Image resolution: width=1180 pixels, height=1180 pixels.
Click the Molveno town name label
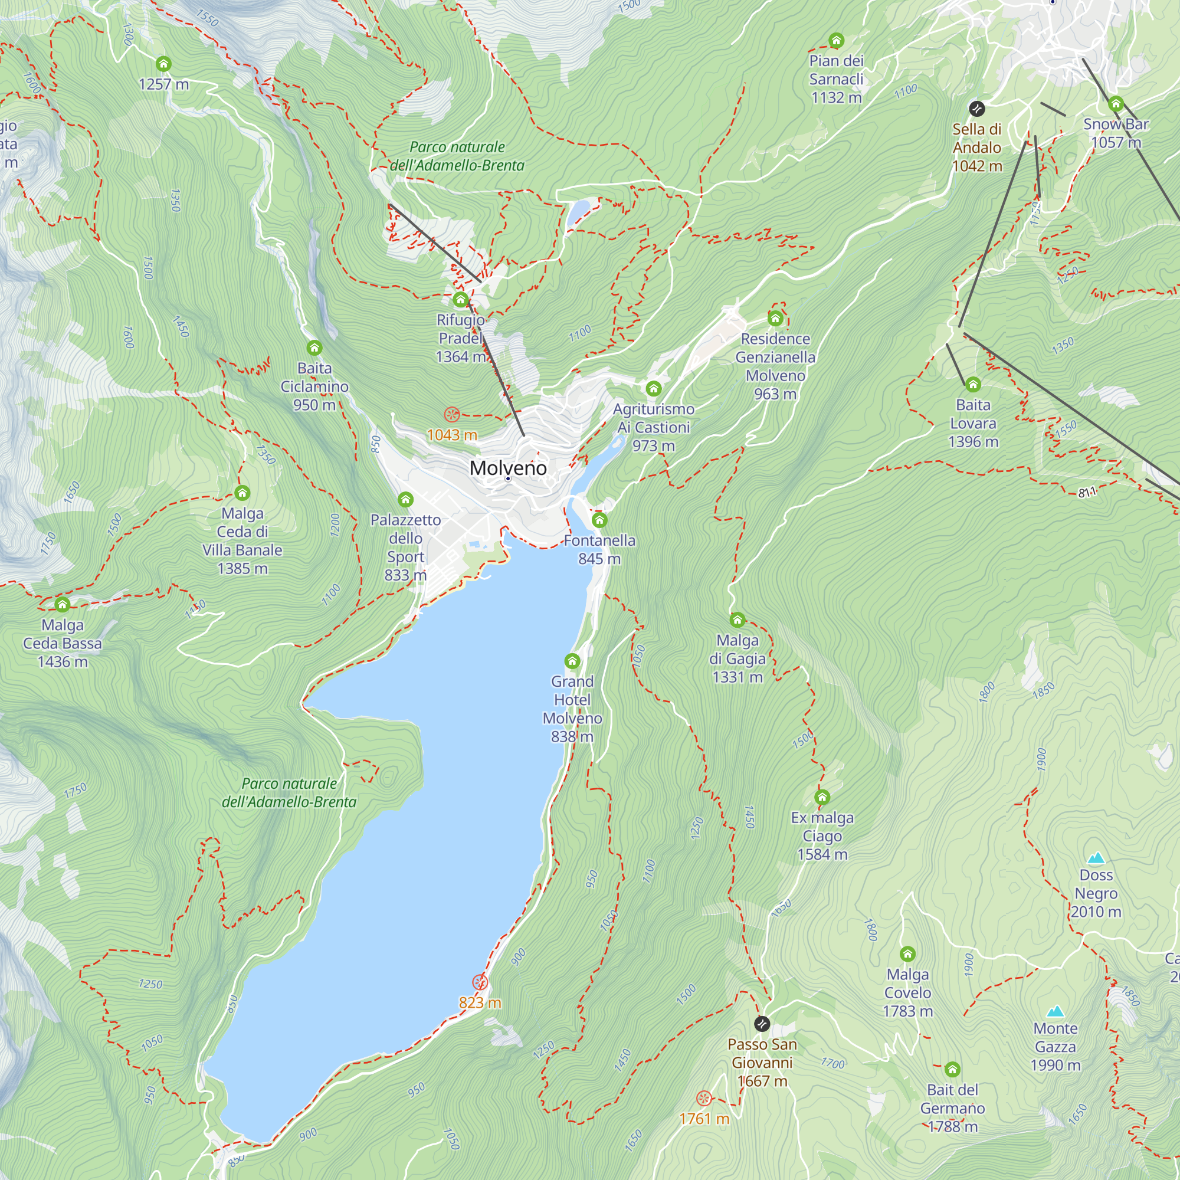(508, 468)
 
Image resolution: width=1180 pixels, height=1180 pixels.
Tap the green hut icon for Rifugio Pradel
(461, 300)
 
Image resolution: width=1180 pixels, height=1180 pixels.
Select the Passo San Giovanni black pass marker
(762, 1024)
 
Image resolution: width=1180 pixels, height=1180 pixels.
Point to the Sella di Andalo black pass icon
(976, 109)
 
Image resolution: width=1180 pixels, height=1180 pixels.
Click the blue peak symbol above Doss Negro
(1096, 858)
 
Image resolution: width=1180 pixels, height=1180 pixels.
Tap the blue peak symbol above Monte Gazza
(1056, 1012)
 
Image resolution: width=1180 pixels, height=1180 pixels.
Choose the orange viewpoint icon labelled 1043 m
(451, 415)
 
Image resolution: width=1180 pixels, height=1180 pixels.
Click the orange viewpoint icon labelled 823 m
(480, 982)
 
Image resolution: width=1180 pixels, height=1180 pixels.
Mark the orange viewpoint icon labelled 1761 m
(704, 1098)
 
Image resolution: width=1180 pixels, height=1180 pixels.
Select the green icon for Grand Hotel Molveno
(572, 661)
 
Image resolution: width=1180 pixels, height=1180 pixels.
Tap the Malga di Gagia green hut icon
(737, 621)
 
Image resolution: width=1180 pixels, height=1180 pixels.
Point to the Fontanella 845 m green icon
(599, 520)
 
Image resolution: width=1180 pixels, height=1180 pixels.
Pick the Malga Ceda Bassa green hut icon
(63, 605)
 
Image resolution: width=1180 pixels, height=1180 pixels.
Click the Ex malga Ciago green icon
(822, 798)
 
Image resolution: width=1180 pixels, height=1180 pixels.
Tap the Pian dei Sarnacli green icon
(836, 41)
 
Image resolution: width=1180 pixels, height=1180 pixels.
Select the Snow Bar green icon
(1116, 104)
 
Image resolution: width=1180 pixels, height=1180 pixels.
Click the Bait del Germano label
(952, 1108)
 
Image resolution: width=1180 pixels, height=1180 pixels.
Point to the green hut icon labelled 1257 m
(163, 64)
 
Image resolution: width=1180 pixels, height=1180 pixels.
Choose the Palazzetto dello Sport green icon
(405, 500)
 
